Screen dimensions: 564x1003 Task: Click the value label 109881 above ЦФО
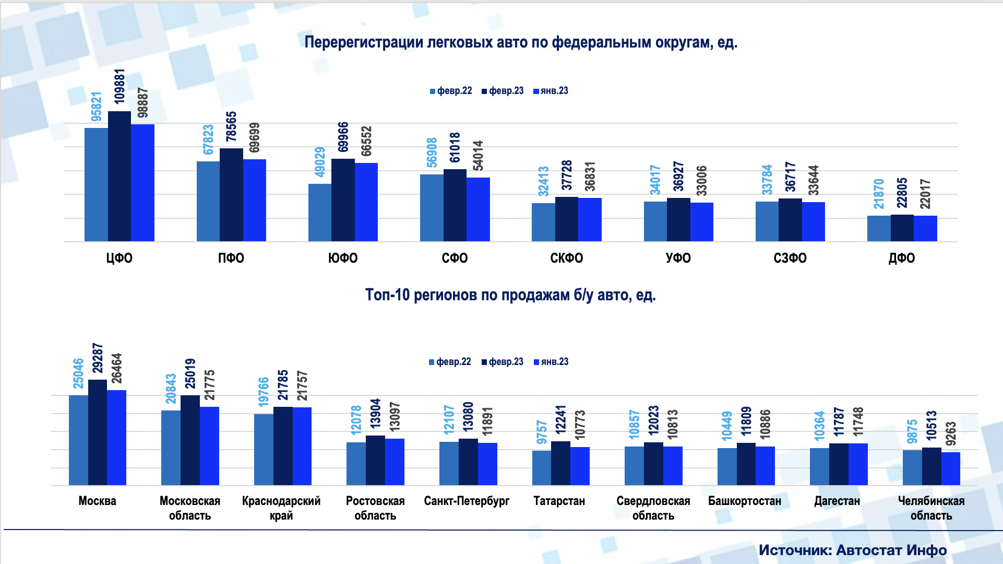(120, 86)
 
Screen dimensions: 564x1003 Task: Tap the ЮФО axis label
(343, 258)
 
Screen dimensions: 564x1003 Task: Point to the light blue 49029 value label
(319, 162)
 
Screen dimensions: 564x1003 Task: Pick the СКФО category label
(566, 258)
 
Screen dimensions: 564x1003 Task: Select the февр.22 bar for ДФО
(879, 228)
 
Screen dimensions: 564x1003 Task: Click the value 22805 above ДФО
(902, 193)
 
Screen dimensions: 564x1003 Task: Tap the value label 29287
(98, 358)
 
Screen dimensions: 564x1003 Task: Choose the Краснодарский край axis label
(281, 508)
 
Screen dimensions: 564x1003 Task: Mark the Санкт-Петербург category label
(467, 501)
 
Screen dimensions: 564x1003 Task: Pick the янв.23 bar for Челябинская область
(951, 468)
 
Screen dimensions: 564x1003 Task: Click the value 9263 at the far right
(951, 433)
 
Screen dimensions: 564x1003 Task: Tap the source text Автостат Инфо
(891, 550)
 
